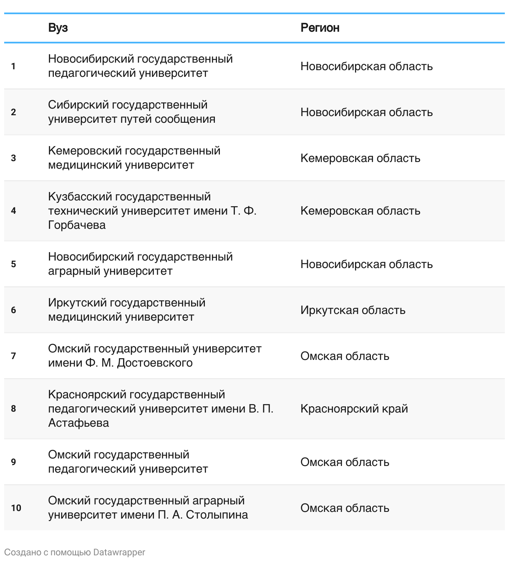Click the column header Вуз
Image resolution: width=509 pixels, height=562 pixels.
[x=58, y=28]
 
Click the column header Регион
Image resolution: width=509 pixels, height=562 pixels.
[x=320, y=28]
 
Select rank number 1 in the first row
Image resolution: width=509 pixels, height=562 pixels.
[x=13, y=66]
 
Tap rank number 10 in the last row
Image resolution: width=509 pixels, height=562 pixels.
[x=16, y=508]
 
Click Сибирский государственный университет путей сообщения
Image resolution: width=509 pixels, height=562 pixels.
[x=131, y=112]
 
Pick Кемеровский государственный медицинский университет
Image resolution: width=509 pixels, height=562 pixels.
[x=134, y=158]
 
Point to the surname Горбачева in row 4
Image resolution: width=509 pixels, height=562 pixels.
[x=77, y=225]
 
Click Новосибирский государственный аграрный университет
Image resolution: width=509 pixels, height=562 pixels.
[x=140, y=264]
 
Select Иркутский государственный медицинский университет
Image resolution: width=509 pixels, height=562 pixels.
[x=126, y=310]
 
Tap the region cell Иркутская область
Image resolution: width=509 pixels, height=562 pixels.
[x=353, y=310]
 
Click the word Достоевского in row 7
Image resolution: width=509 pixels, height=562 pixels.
[x=155, y=363]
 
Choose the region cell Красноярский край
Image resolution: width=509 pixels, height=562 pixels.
[x=354, y=409]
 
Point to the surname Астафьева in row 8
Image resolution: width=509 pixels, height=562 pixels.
[x=78, y=423]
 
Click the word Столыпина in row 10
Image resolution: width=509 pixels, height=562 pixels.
[x=217, y=515]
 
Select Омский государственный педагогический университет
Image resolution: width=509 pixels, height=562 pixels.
[x=128, y=462]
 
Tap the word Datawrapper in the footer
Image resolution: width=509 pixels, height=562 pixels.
[x=119, y=552]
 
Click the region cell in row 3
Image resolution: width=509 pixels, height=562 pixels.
[x=360, y=158]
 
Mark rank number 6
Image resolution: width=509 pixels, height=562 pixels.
[x=13, y=310]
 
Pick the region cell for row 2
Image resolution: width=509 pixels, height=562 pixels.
[x=366, y=112]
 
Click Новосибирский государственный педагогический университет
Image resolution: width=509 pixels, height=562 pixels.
[x=140, y=66]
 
